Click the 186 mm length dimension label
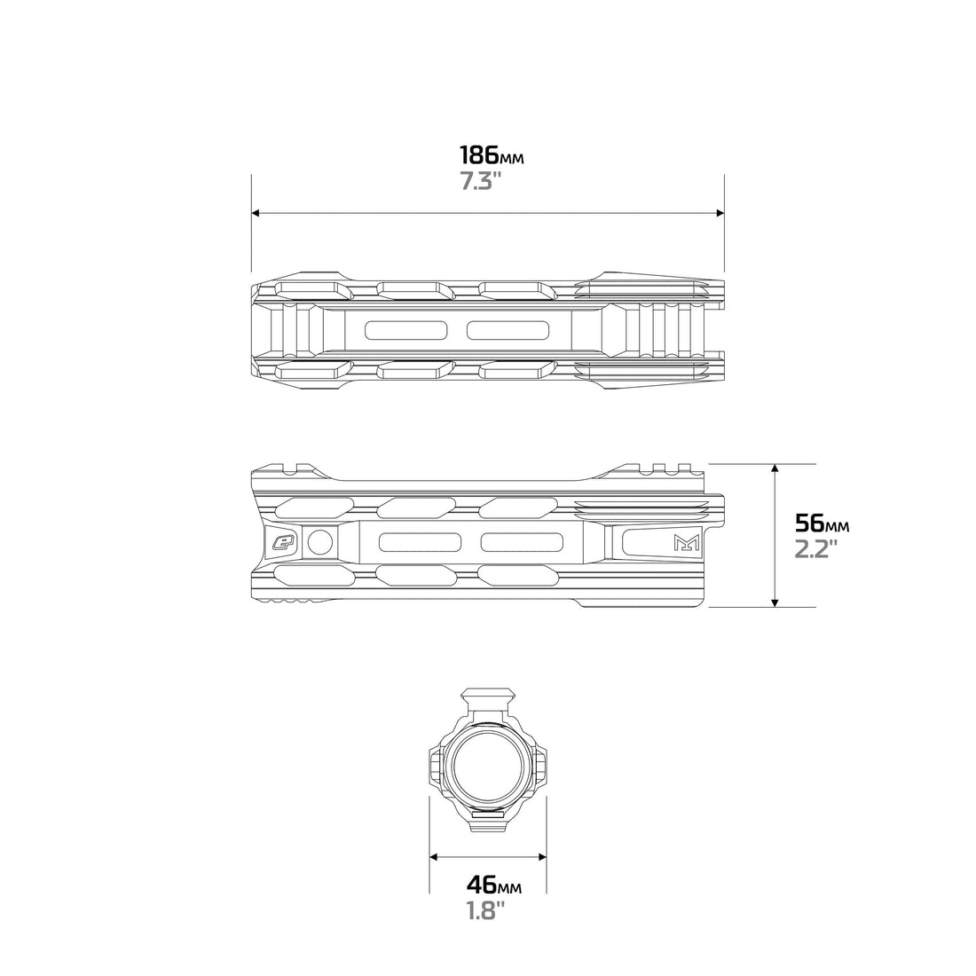[x=492, y=155]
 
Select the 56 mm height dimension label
[x=822, y=524]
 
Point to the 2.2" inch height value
[x=816, y=549]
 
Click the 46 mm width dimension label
[x=494, y=885]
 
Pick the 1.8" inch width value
[x=485, y=910]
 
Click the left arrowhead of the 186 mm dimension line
[x=256, y=213]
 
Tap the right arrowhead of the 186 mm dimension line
[x=720, y=213]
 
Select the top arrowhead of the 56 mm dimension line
[x=775, y=468]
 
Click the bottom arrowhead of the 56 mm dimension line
[x=775, y=602]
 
